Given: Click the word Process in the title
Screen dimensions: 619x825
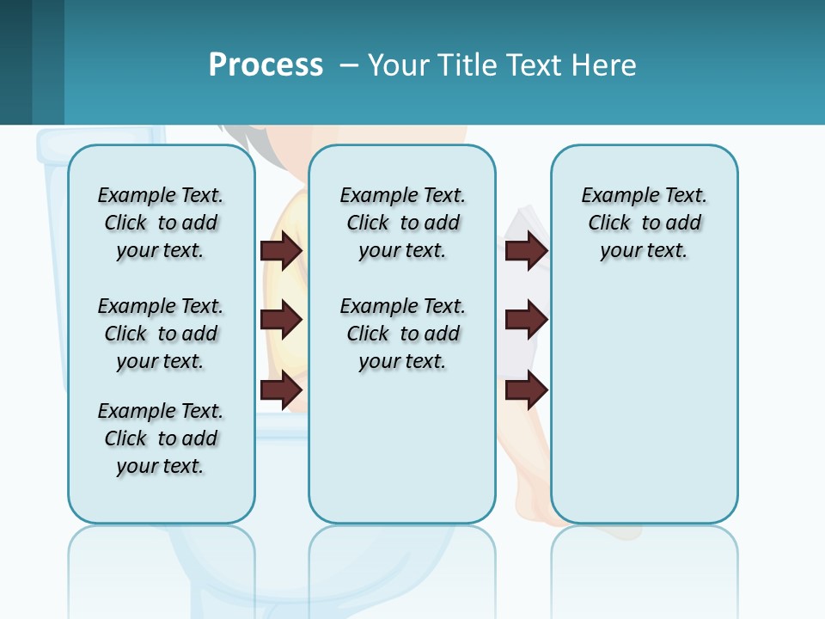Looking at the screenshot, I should [x=266, y=64].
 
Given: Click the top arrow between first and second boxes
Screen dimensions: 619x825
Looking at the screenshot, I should [x=281, y=250].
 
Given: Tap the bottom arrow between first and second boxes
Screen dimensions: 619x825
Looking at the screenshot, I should [x=281, y=390].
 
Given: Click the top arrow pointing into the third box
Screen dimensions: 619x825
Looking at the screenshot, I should [x=526, y=250].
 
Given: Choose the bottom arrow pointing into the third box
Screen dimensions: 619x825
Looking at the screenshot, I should [x=526, y=390].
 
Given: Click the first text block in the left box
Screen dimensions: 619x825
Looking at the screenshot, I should [x=161, y=223].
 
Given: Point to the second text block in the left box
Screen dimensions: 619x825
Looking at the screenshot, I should [x=161, y=334].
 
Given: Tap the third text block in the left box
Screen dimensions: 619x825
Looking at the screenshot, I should [x=161, y=438].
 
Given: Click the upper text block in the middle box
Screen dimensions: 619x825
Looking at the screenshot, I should [x=402, y=223].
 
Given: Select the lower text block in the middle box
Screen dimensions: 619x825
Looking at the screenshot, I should [x=402, y=334].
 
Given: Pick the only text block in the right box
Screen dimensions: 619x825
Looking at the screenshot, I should [x=644, y=223].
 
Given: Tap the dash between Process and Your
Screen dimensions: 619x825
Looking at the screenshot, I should [x=349, y=65].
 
